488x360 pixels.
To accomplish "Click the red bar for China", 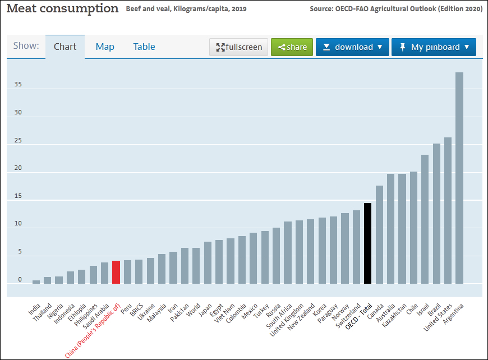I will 116,273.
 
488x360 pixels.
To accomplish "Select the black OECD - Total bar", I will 368,243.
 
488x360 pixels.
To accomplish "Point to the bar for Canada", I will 379,235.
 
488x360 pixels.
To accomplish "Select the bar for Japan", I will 208,263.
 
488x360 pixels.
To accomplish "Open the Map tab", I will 105,47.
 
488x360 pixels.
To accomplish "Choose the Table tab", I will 144,47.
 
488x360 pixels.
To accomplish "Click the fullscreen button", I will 239,47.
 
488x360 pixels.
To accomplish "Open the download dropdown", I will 352,47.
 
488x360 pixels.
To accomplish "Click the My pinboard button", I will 434,47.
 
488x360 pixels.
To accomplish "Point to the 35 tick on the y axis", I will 19,85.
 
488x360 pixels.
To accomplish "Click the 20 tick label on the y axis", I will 19,168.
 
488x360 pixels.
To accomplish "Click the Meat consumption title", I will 62,8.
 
